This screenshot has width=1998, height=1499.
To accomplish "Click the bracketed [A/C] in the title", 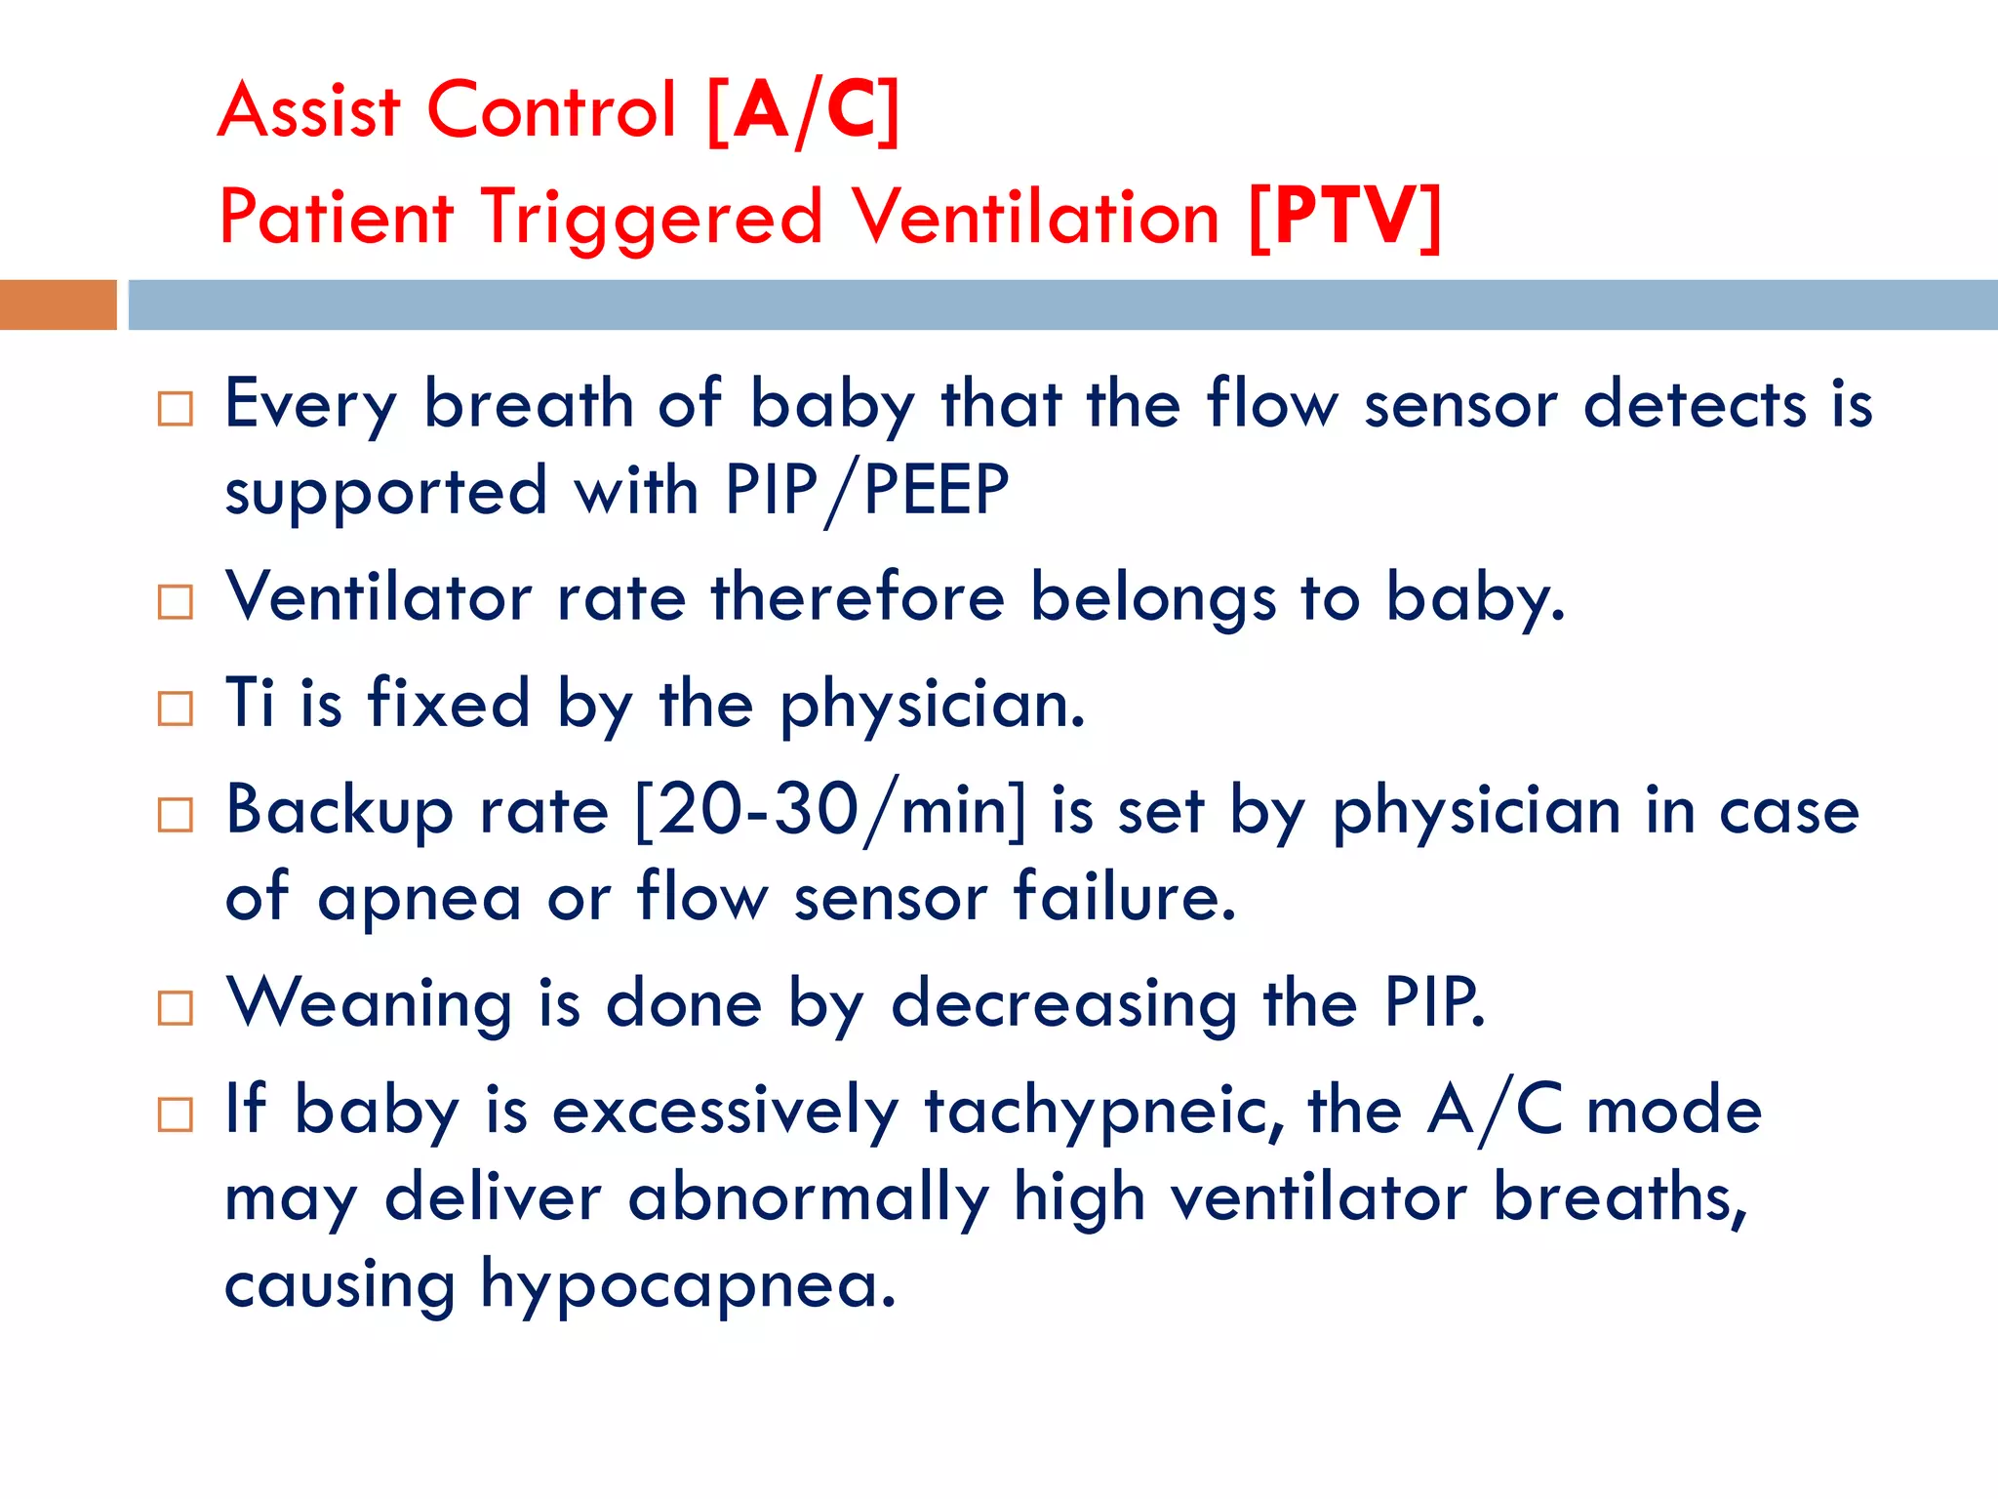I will [802, 110].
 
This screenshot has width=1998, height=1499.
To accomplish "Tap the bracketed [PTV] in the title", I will [1344, 217].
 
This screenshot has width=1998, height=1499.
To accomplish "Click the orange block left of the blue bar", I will [58, 304].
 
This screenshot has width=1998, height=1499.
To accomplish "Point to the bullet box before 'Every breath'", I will [176, 409].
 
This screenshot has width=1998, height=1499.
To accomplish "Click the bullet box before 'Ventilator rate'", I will [176, 602].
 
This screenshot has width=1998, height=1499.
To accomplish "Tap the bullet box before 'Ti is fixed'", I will [176, 709].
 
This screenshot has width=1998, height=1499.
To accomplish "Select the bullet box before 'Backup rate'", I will [176, 815].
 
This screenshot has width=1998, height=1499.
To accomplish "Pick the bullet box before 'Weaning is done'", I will [176, 1008].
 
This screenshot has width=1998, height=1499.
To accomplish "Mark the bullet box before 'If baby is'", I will [176, 1114].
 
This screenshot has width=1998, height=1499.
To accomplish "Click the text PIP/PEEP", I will [866, 490].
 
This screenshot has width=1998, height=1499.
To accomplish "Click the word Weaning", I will [369, 1005].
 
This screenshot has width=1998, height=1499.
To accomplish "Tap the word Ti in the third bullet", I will [249, 703].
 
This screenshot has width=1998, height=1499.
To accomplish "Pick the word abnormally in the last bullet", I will [809, 1199].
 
